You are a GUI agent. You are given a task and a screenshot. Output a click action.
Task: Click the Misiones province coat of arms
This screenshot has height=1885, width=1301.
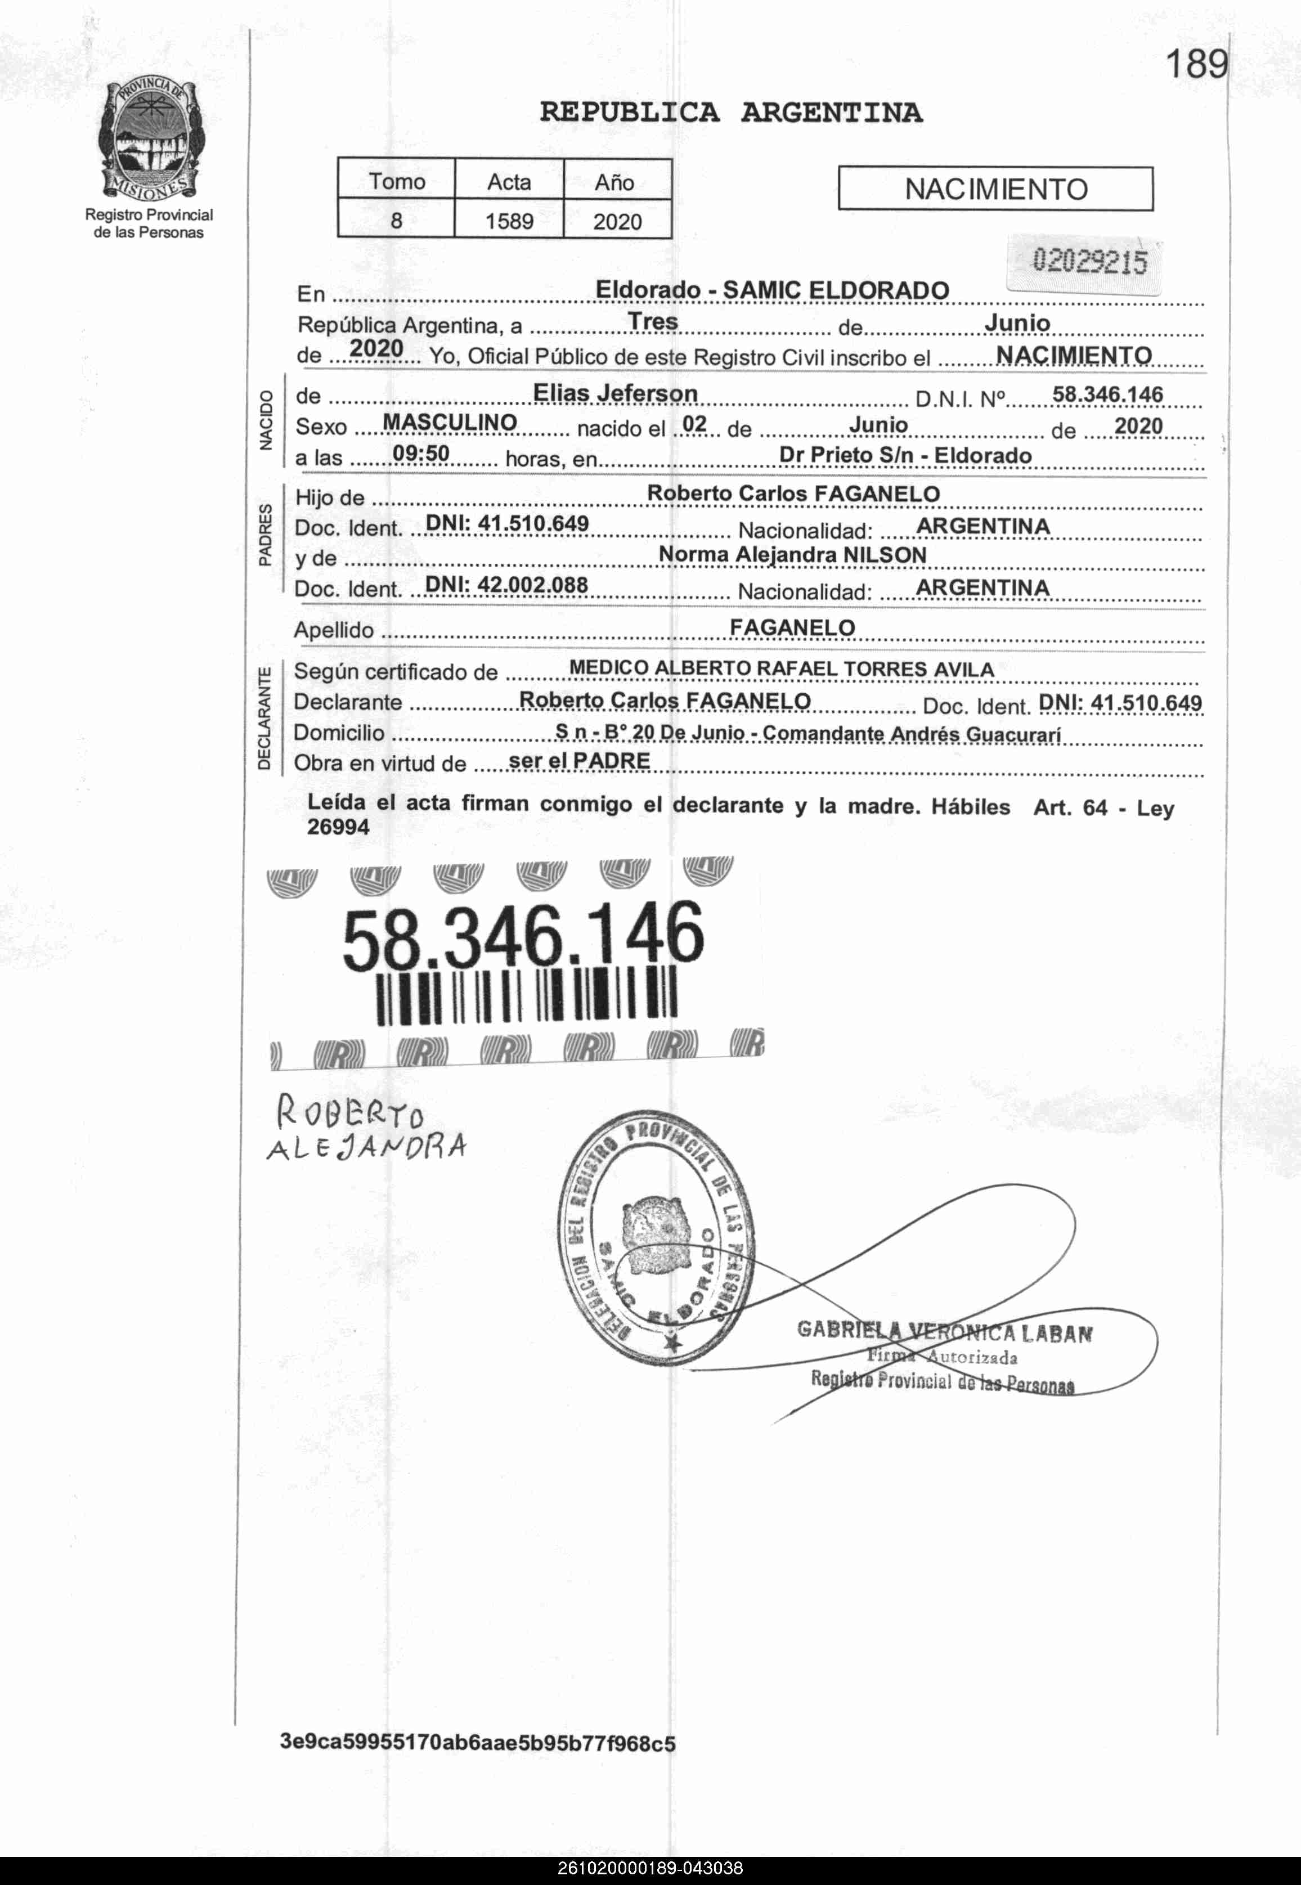(150, 138)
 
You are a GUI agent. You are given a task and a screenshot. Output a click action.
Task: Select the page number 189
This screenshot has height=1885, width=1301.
(1196, 64)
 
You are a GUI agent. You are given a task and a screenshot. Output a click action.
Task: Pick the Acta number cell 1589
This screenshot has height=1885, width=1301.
(509, 221)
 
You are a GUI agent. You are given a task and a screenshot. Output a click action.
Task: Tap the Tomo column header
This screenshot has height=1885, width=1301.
(396, 181)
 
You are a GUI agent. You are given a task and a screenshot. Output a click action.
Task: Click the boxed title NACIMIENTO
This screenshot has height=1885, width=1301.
(995, 189)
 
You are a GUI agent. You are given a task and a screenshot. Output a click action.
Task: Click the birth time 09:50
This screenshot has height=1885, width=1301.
(420, 453)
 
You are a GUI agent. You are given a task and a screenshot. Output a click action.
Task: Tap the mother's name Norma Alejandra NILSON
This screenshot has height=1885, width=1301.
(792, 555)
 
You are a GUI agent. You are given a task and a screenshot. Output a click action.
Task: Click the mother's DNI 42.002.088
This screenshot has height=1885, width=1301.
(506, 585)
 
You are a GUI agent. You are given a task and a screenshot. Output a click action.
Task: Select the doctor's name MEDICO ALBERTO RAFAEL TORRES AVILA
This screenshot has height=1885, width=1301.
(781, 669)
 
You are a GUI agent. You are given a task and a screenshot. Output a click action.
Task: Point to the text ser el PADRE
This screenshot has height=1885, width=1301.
(579, 761)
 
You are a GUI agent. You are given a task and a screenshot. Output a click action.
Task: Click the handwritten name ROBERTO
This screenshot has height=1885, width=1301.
(351, 1112)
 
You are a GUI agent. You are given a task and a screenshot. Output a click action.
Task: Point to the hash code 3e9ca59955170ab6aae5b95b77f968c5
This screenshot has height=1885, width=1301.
(478, 1743)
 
